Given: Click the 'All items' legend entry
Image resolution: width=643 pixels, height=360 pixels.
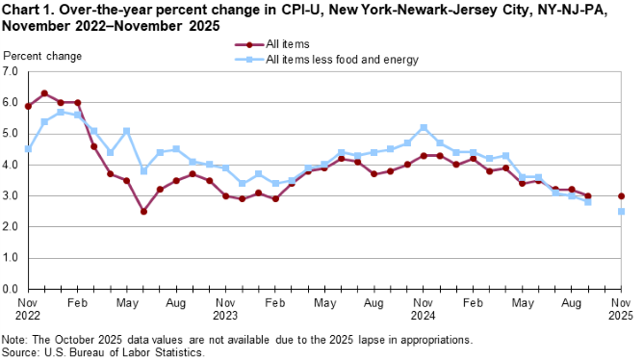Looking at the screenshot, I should coord(285,44).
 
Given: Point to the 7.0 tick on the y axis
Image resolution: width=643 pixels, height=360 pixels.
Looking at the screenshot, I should coord(11,72).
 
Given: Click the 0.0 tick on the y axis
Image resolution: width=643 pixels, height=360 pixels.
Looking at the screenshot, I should coord(11,289).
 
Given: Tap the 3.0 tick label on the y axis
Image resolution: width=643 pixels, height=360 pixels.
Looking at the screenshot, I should coord(11,196).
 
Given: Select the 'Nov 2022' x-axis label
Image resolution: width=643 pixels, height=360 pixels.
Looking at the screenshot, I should coord(28,309).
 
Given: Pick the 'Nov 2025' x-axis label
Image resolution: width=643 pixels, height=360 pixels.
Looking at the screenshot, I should coord(621,309).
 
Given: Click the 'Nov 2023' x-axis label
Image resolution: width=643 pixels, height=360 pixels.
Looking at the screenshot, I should coord(225,309).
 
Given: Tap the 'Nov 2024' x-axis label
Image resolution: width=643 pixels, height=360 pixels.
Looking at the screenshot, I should coord(423,309).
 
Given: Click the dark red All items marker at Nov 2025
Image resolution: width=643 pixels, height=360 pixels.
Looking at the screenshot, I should coord(621,195).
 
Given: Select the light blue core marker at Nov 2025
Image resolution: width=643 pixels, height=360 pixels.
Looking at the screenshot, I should coord(621,212).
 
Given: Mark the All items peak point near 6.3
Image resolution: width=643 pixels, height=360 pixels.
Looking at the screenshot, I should coord(44,93).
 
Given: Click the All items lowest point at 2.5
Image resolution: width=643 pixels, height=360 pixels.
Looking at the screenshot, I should coord(143,211).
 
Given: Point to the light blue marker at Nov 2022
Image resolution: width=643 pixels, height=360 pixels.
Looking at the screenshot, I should coord(28,149).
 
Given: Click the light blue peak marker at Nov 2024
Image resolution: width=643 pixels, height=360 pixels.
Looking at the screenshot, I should coord(424,127).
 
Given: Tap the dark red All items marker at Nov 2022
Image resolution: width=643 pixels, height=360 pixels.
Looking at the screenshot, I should coord(28,106).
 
